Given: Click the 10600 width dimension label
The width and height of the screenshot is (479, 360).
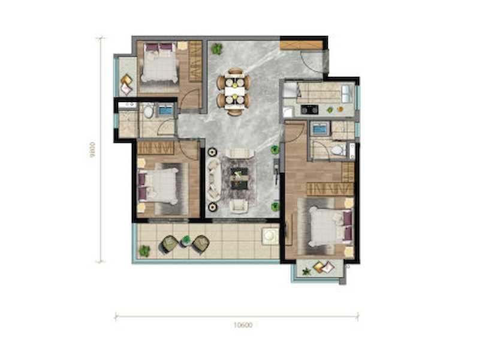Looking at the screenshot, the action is (x=243, y=325).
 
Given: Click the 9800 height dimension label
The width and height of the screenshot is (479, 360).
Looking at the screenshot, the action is (x=92, y=149).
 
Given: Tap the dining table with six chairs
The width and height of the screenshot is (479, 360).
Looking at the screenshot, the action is (x=234, y=91).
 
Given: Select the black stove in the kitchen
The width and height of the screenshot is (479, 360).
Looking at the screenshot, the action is (x=309, y=109).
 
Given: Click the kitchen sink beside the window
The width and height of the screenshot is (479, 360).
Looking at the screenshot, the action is (x=347, y=94).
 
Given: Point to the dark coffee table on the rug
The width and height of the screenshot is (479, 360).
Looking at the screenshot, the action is (x=239, y=178).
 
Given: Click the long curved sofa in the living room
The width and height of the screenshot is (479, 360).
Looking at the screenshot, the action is (x=214, y=180).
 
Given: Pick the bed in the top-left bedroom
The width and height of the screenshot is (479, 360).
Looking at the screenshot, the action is (x=159, y=63).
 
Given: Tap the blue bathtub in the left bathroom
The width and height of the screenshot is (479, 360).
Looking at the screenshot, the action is (x=165, y=110).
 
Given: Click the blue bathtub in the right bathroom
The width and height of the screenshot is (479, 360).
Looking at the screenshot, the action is (x=320, y=128).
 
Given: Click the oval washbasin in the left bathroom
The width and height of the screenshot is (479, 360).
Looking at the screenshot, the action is (x=149, y=112).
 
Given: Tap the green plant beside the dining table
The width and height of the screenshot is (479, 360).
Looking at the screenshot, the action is (x=217, y=49).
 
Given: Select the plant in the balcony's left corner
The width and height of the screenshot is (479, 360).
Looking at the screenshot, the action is (x=144, y=251).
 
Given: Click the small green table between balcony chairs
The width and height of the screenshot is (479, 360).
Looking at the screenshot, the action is (x=186, y=240).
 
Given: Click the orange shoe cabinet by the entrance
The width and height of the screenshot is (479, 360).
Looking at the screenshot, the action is (x=301, y=45).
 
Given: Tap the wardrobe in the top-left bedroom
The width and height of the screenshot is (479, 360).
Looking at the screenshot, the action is (x=195, y=61).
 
